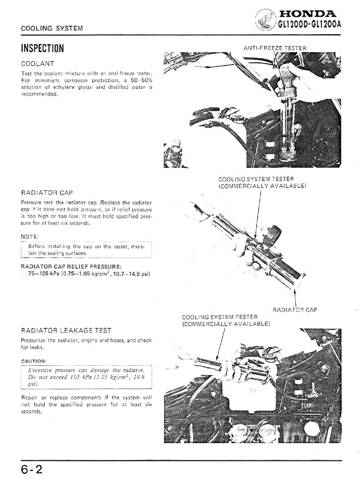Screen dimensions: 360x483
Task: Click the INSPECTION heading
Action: tap(42, 48)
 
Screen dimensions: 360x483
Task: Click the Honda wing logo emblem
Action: tap(265, 19)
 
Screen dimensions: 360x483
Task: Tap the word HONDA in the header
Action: tap(307, 14)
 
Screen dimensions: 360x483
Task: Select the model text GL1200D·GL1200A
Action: tap(310, 24)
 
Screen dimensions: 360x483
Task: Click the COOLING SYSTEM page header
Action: tap(52, 28)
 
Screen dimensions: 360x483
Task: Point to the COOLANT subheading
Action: tap(38, 64)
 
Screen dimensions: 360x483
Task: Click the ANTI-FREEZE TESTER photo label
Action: tap(275, 48)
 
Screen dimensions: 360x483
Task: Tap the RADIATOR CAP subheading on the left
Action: tap(47, 193)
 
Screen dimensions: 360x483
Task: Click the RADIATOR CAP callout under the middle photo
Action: tap(295, 310)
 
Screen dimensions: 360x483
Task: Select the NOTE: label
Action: tap(30, 236)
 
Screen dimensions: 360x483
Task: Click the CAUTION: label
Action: tap(34, 361)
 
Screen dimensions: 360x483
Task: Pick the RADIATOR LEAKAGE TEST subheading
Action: tap(66, 331)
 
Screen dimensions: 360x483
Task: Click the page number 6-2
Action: tap(32, 470)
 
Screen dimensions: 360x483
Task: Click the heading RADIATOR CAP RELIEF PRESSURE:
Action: tap(71, 266)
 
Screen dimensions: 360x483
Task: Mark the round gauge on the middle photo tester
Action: tap(274, 233)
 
